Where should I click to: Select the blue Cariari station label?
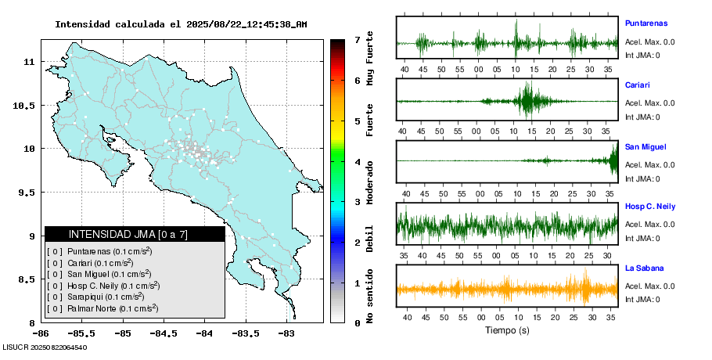click(x=638, y=85)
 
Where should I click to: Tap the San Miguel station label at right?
click(x=644, y=146)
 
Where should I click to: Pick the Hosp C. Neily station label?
click(x=650, y=207)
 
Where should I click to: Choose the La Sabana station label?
click(x=644, y=268)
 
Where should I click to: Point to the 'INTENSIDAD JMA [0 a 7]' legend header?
click(x=128, y=234)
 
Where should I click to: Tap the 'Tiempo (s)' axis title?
click(x=507, y=330)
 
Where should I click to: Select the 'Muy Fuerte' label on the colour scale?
click(x=369, y=59)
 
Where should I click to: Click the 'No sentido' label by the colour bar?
click(x=369, y=297)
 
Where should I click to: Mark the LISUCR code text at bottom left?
click(x=45, y=347)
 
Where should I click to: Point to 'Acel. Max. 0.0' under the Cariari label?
click(x=649, y=103)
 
